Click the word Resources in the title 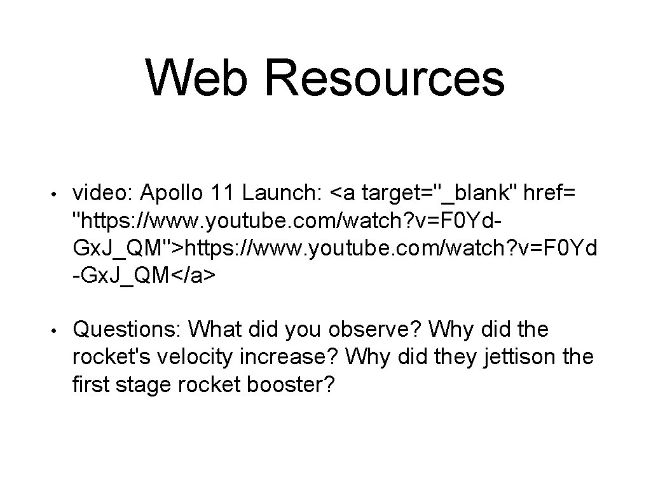pyautogui.click(x=385, y=78)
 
